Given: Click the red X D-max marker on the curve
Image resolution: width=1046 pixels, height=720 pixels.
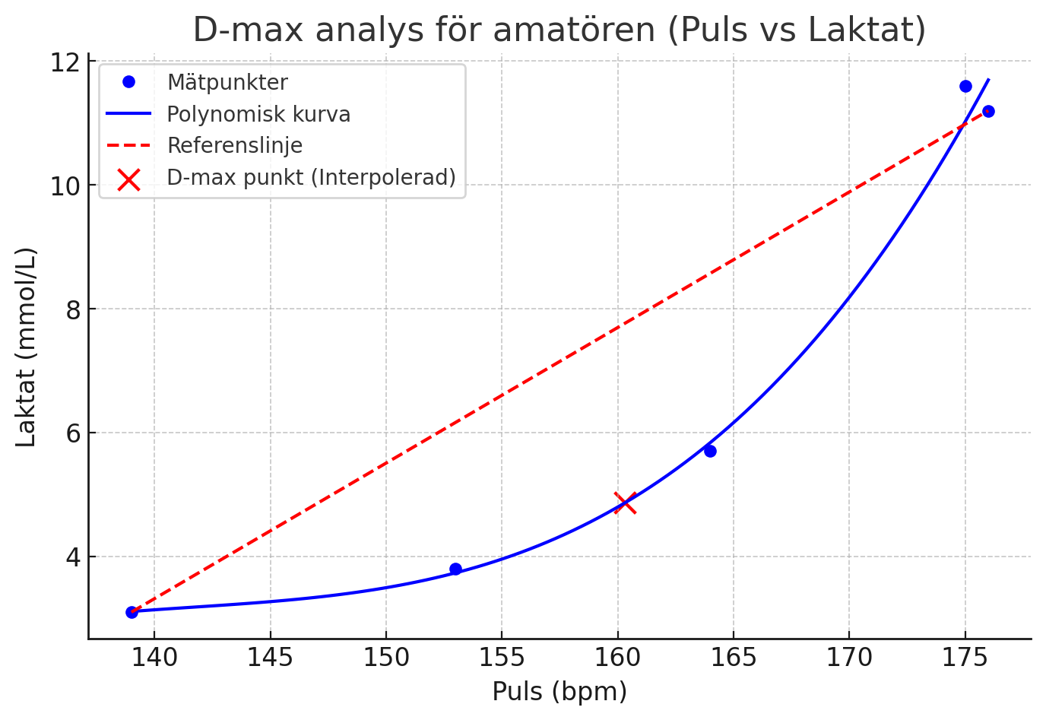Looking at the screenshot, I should [x=625, y=503].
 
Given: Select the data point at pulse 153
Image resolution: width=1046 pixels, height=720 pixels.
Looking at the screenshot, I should [x=455, y=569].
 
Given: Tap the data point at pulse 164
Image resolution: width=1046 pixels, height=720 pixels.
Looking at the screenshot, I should [x=710, y=451].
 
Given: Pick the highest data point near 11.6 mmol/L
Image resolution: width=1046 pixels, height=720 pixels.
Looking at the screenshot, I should [x=965, y=86].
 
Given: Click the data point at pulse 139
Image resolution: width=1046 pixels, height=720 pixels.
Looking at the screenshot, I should [x=132, y=612].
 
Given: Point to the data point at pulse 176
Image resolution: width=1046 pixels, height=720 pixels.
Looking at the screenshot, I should [x=988, y=111].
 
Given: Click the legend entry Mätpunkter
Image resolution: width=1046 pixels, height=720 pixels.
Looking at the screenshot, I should [x=227, y=82].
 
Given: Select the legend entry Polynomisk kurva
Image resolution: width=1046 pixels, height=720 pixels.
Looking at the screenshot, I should [x=258, y=114].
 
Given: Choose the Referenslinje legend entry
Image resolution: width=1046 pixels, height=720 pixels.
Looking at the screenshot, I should [x=234, y=145].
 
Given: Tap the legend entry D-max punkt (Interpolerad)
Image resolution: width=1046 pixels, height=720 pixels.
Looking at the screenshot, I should [x=311, y=177].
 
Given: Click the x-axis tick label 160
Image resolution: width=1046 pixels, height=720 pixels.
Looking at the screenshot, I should [x=617, y=658].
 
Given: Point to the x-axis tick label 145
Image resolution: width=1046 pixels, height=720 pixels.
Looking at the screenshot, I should [x=270, y=658].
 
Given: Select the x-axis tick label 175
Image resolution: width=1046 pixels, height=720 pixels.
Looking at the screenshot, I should [x=965, y=658].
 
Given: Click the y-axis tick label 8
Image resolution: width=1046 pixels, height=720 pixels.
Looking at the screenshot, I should [x=72, y=309].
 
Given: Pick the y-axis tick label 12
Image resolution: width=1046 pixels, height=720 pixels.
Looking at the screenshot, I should [x=66, y=62].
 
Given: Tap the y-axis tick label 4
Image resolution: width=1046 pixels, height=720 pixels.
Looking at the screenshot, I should [x=72, y=557].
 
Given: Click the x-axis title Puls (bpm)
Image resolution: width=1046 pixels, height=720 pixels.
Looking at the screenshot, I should [x=559, y=692].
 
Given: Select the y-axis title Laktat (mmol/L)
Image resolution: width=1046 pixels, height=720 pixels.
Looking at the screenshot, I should [x=26, y=347].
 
